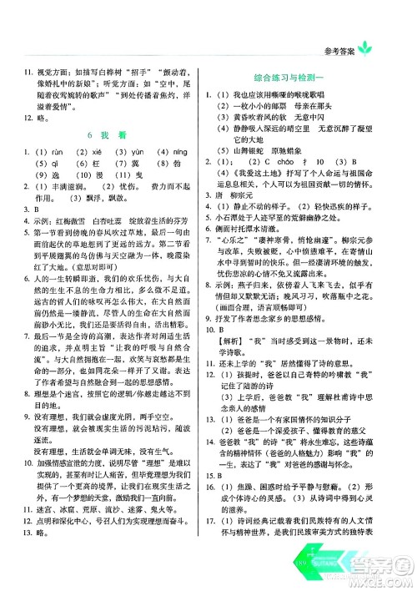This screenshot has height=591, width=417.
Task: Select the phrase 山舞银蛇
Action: [x=268, y=159]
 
